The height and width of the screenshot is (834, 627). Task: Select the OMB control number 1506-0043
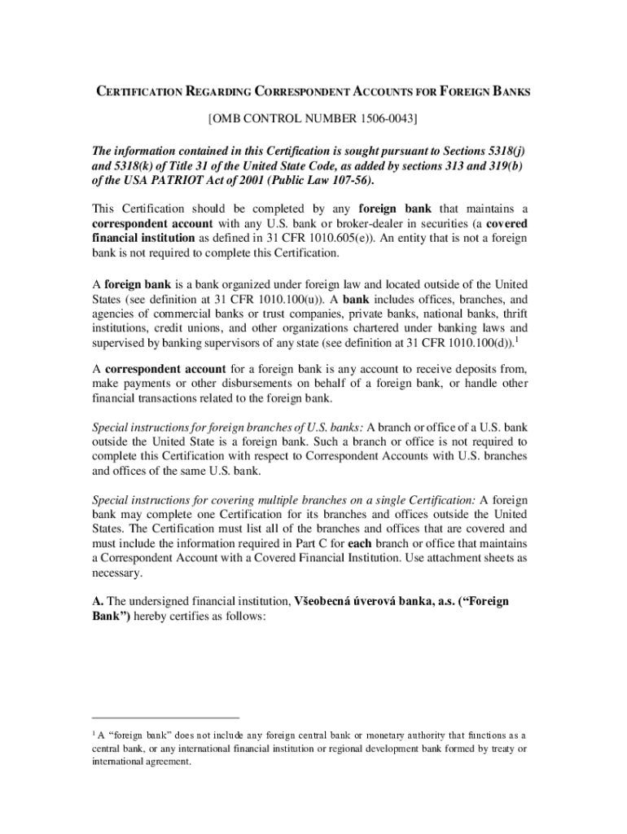(384, 120)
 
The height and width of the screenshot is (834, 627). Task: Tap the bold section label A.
(98, 601)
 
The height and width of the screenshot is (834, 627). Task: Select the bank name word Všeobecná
(327, 601)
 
